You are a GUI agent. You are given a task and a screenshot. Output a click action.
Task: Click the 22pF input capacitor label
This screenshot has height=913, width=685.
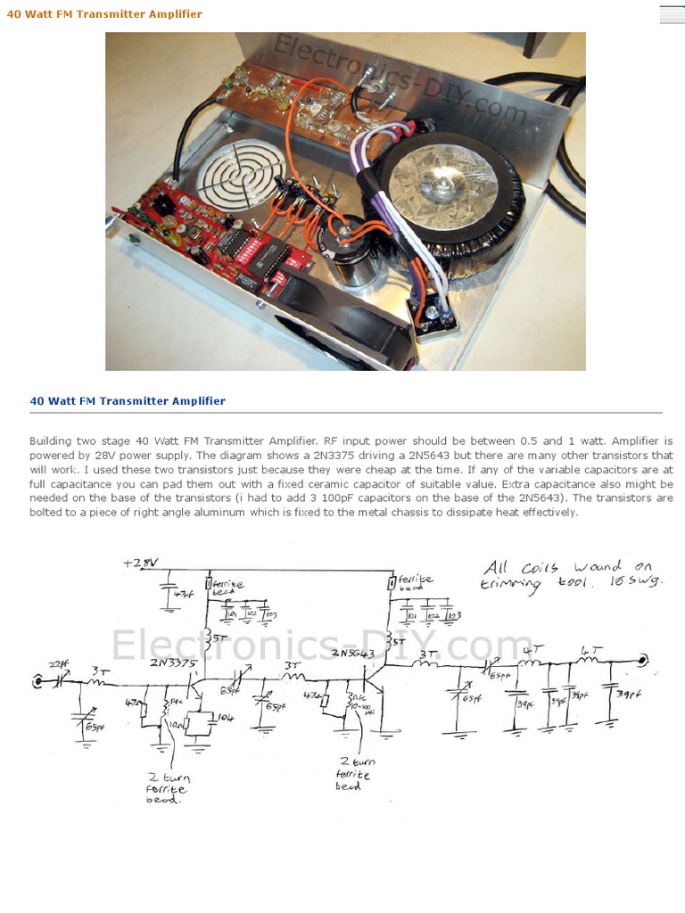pyautogui.click(x=58, y=663)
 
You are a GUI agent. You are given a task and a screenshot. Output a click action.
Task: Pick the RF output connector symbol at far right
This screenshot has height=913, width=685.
pyautogui.click(x=644, y=661)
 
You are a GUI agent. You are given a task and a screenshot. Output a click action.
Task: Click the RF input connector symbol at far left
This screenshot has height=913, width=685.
pyautogui.click(x=37, y=682)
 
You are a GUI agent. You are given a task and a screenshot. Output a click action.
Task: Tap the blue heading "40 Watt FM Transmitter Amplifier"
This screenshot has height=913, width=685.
pyautogui.click(x=128, y=401)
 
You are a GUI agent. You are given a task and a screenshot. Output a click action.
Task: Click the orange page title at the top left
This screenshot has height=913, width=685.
pyautogui.click(x=104, y=14)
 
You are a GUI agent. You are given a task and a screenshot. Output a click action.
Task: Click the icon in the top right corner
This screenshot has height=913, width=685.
pyautogui.click(x=671, y=13)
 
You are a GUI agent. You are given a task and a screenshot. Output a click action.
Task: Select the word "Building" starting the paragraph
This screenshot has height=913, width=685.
pyautogui.click(x=52, y=441)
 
